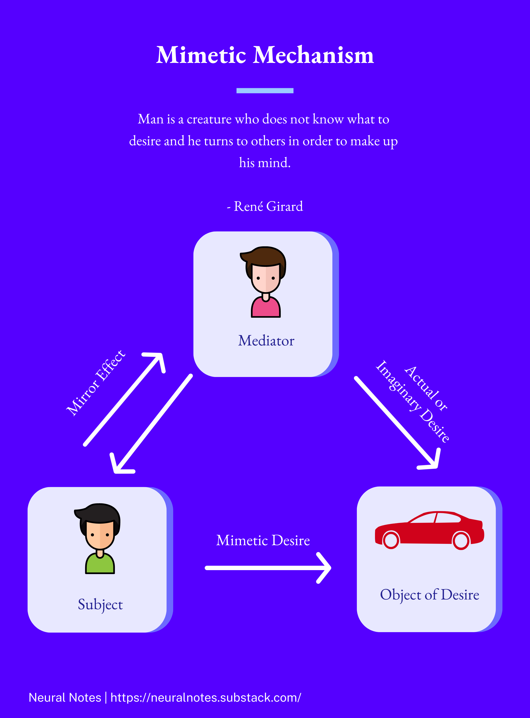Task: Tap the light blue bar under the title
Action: point(265,91)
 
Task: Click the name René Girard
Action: point(268,206)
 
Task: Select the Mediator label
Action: point(266,341)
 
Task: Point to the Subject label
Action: point(100,604)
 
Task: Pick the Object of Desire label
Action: point(430,595)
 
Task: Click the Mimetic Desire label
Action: point(263,540)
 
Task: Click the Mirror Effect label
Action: point(96,383)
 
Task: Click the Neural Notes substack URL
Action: point(206,697)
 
